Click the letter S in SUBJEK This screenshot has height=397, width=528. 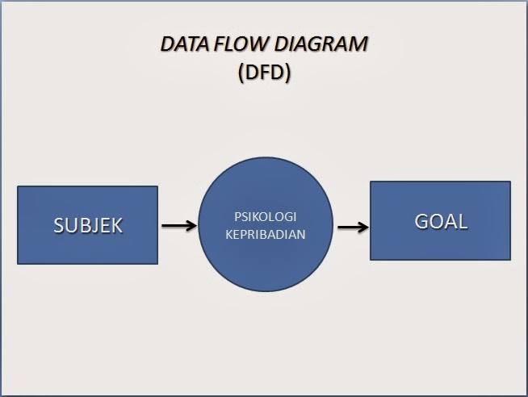click(x=59, y=225)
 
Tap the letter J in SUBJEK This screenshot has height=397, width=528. click(x=94, y=225)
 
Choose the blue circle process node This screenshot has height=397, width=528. click(x=265, y=225)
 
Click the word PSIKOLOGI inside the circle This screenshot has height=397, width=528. click(x=266, y=217)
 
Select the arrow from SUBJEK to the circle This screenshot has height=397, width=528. click(x=178, y=225)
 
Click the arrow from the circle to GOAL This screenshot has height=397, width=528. click(x=351, y=226)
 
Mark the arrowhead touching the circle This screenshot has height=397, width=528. click(x=191, y=225)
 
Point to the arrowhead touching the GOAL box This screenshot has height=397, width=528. click(x=364, y=226)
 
